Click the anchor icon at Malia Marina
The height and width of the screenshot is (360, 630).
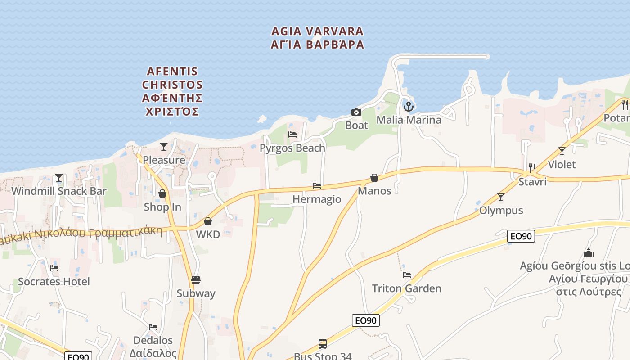(408, 107)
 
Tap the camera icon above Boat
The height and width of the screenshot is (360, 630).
(356, 112)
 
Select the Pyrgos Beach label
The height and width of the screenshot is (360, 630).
(292, 148)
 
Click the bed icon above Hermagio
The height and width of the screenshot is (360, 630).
(317, 186)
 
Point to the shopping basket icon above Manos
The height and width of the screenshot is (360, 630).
(374, 178)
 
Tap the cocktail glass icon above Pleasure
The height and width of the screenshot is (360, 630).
(164, 147)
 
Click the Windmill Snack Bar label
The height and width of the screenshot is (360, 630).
(59, 191)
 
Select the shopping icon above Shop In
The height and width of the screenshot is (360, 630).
(162, 193)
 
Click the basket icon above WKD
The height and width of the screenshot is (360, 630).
(208, 221)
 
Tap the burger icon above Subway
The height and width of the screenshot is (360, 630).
(196, 280)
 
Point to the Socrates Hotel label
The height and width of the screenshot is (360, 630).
(54, 282)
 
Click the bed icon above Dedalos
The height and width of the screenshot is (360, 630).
(153, 327)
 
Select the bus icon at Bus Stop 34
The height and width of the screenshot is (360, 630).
(323, 344)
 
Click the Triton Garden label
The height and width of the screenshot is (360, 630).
(406, 288)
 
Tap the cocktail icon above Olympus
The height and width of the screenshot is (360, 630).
(500, 197)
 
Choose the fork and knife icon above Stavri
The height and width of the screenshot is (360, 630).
(532, 168)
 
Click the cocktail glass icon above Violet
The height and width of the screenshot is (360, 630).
(562, 151)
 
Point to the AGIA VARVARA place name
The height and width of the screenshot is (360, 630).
(318, 38)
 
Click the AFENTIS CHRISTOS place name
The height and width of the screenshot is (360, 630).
(172, 91)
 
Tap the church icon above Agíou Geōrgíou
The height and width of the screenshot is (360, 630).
(588, 252)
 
